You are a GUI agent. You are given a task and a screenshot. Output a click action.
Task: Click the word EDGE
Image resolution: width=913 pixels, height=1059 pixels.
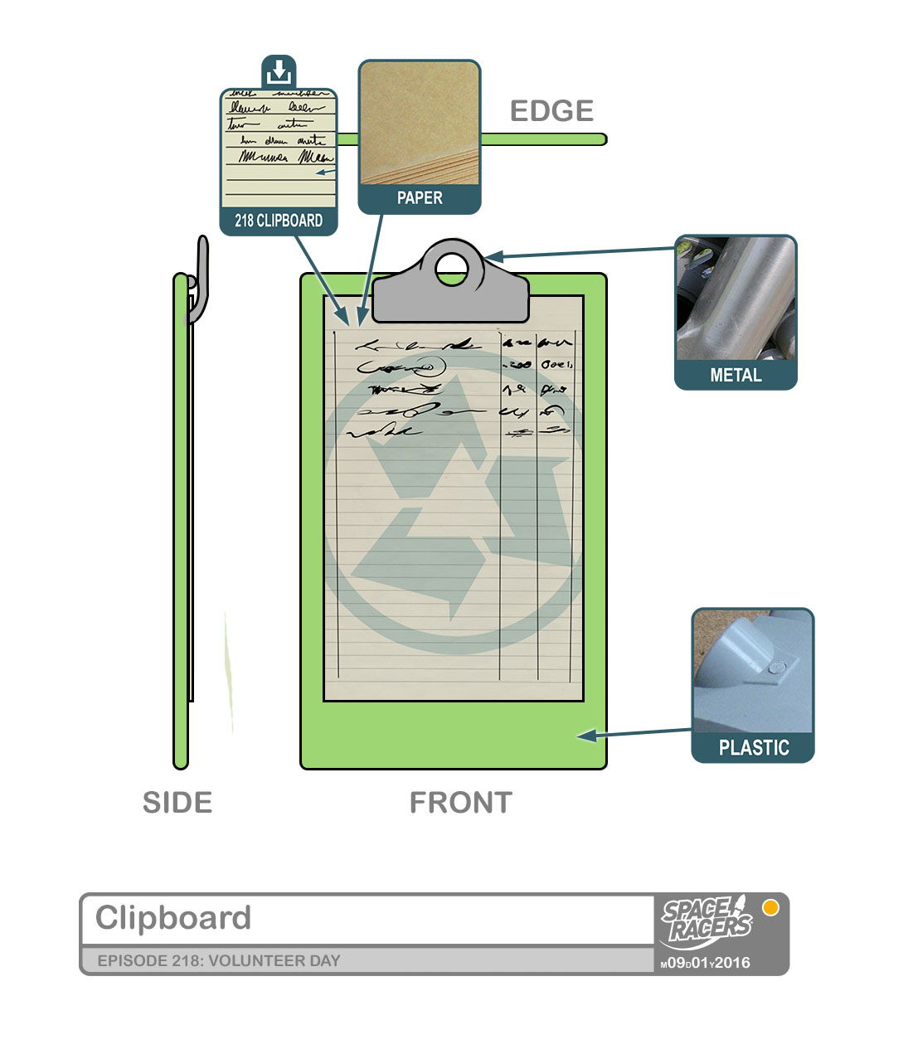click(x=551, y=111)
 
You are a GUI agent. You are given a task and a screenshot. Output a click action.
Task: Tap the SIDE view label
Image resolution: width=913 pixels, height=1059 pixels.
click(x=177, y=803)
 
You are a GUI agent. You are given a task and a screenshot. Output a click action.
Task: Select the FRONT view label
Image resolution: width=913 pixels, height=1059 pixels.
click(x=461, y=803)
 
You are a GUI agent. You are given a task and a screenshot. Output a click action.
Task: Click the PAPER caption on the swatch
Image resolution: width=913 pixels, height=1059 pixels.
click(x=420, y=198)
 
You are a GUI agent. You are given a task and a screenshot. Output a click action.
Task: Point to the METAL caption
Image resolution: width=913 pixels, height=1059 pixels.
click(x=736, y=376)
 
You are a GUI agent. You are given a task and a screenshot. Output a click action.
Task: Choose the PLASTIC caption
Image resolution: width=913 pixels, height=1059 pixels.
click(x=753, y=748)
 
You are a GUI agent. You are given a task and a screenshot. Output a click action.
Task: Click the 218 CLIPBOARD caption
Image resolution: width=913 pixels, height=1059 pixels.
click(x=279, y=221)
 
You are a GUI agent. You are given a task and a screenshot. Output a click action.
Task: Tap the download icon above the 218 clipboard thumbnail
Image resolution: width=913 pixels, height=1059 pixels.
click(x=279, y=72)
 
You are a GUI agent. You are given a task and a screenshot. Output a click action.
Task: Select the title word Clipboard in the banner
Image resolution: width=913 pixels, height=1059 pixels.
click(x=173, y=918)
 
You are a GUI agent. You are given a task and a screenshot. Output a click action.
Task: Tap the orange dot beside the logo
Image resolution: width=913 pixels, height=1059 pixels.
click(x=770, y=907)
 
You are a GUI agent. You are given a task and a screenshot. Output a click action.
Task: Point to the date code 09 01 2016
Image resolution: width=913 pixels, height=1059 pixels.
click(x=706, y=963)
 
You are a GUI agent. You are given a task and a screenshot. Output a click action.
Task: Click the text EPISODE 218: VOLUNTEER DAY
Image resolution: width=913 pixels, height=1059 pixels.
click(x=219, y=961)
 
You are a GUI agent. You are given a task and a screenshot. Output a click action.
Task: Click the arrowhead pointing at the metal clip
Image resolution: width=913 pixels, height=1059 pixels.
click(x=493, y=257)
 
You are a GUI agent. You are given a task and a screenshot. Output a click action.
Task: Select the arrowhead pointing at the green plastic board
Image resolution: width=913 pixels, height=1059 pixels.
click(x=586, y=736)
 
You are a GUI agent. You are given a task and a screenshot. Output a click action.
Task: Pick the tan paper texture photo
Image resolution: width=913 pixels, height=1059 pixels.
click(x=420, y=123)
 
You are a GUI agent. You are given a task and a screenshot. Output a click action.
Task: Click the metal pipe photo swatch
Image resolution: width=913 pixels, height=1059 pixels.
click(x=736, y=299)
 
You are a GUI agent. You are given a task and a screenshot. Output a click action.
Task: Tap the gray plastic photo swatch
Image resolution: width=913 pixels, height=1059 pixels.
click(x=753, y=671)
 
